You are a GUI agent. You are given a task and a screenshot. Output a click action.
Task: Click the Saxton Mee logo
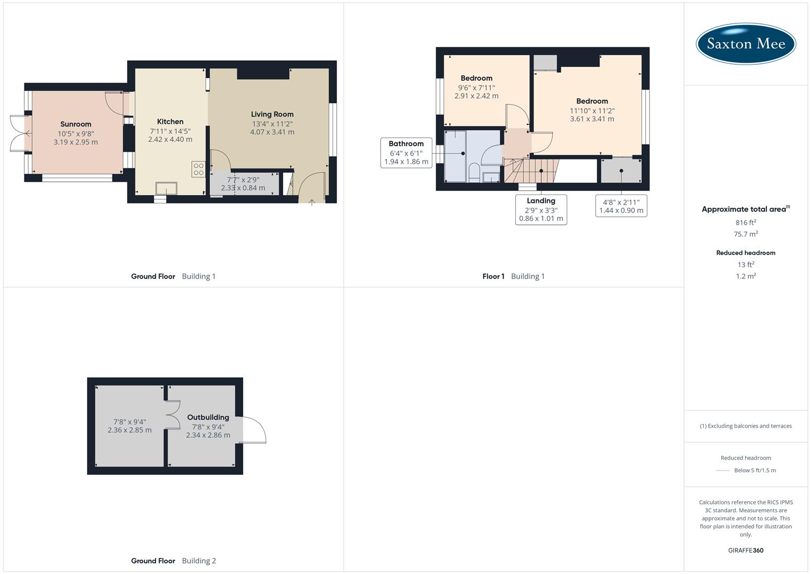(x=746, y=44)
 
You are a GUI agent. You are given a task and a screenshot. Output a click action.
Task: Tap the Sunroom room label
(x=75, y=124)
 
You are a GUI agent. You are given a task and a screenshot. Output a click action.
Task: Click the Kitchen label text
(x=170, y=122)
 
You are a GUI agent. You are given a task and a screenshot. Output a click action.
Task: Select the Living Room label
(x=272, y=114)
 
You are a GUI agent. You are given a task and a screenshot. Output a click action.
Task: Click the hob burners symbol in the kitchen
(x=199, y=169)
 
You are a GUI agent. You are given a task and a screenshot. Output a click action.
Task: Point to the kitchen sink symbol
(x=166, y=188)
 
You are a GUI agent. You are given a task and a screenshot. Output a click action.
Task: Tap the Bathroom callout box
(x=406, y=153)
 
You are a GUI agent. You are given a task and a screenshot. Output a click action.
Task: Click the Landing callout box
(x=541, y=209)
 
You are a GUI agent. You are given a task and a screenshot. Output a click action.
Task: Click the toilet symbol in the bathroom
(x=474, y=172)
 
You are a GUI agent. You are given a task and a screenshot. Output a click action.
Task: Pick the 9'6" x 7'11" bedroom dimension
(x=476, y=88)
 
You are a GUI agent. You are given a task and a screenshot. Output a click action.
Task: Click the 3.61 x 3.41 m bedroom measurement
(x=592, y=119)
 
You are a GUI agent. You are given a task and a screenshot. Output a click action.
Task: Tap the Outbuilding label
(x=208, y=417)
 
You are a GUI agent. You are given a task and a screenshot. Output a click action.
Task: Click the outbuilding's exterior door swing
(x=254, y=429)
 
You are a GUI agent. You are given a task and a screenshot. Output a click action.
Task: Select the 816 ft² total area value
(x=746, y=222)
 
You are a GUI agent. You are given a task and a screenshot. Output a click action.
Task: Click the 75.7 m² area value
(x=746, y=234)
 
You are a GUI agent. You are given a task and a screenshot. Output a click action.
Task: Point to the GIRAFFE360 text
(x=746, y=550)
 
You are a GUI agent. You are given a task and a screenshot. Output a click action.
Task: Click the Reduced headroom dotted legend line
(x=723, y=470)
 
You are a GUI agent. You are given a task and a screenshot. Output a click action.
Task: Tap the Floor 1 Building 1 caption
(x=513, y=276)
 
